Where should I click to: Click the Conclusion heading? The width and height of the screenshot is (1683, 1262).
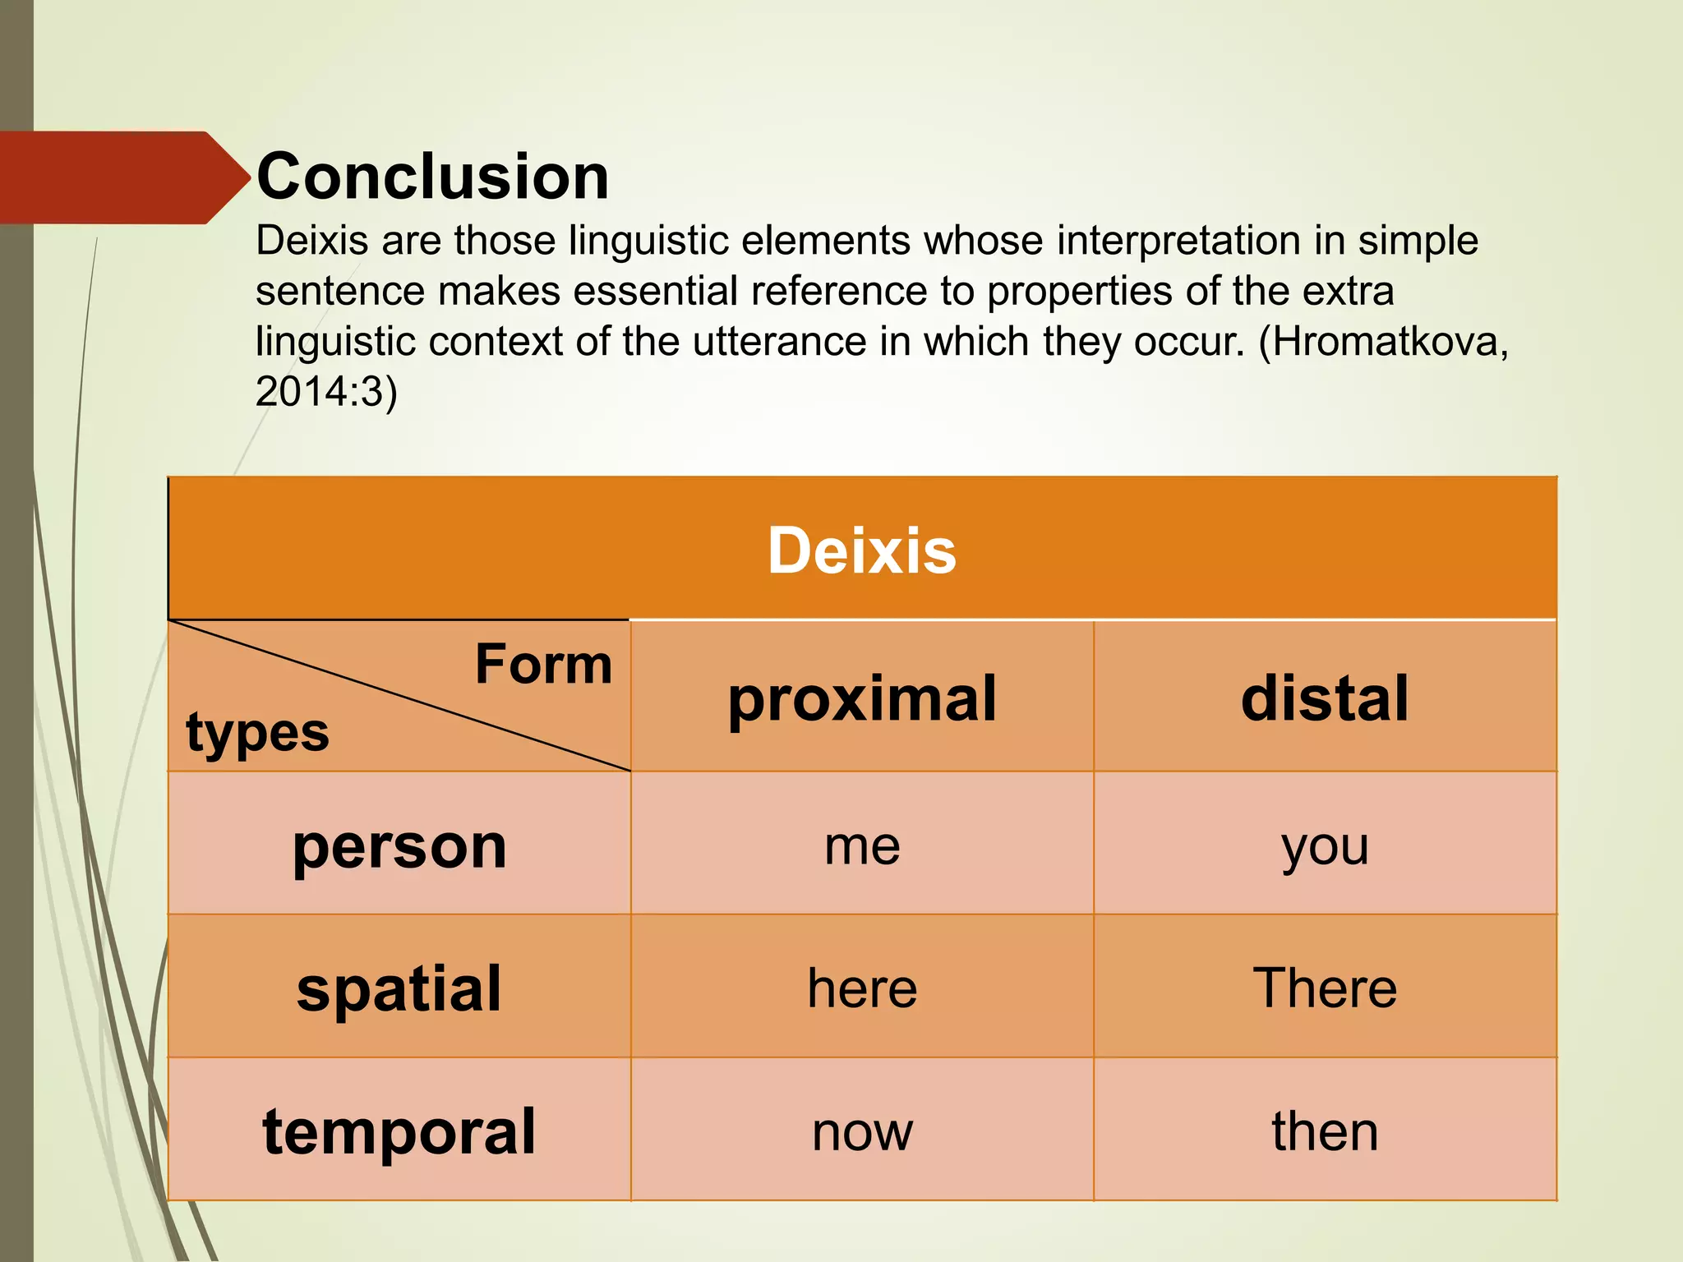pyautogui.click(x=433, y=177)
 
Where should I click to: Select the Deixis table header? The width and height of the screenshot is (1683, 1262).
pyautogui.click(x=862, y=550)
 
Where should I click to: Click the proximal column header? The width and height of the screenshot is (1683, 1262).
pyautogui.click(x=862, y=698)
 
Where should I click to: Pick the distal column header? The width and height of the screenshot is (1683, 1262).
pyautogui.click(x=1325, y=698)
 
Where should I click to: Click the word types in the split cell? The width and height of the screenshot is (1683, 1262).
pyautogui.click(x=257, y=732)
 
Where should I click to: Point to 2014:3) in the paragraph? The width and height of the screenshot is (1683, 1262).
pyautogui.click(x=326, y=391)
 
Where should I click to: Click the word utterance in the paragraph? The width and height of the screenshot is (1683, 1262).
pyautogui.click(x=779, y=341)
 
